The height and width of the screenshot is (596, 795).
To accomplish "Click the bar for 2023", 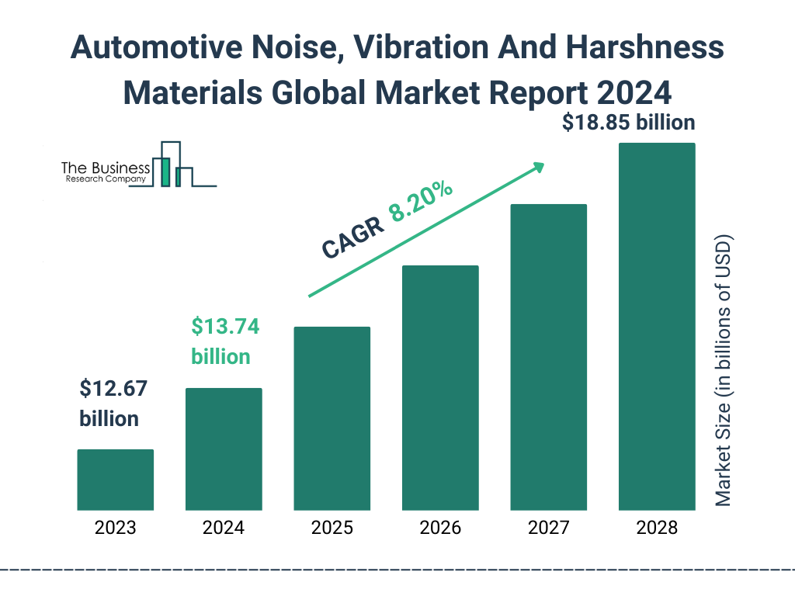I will (115, 480).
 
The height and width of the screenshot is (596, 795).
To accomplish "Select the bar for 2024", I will (224, 449).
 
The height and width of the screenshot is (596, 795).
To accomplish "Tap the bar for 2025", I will (332, 418).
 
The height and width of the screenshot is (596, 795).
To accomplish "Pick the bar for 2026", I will (440, 388).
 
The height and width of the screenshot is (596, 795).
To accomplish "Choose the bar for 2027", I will (548, 357).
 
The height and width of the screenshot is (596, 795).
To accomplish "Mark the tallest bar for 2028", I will (657, 327).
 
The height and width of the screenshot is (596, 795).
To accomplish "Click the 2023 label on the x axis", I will (115, 528).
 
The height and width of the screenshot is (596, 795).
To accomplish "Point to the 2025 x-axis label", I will (332, 528).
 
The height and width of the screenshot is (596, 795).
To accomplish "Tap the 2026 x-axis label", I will (440, 528).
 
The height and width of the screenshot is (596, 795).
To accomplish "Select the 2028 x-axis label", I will (657, 528).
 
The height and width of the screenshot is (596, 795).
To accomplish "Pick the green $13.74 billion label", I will (225, 341).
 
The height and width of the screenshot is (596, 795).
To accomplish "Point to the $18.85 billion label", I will (630, 122).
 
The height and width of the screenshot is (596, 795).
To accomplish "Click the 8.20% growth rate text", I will (422, 203).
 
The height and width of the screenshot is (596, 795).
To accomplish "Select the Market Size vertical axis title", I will (724, 369).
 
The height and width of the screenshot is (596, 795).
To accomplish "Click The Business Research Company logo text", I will (105, 172).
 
